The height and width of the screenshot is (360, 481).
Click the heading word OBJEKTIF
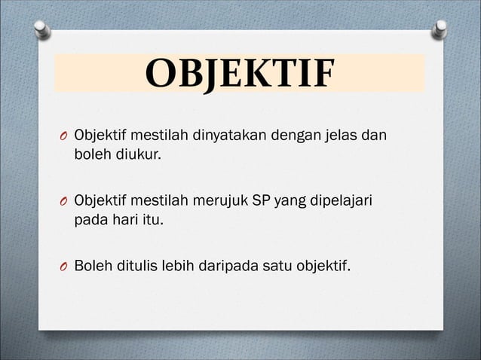(x=239, y=73)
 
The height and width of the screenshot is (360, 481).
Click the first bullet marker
(x=63, y=138)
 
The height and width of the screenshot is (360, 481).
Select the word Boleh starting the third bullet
(x=91, y=266)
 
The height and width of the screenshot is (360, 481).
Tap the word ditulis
(x=137, y=266)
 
